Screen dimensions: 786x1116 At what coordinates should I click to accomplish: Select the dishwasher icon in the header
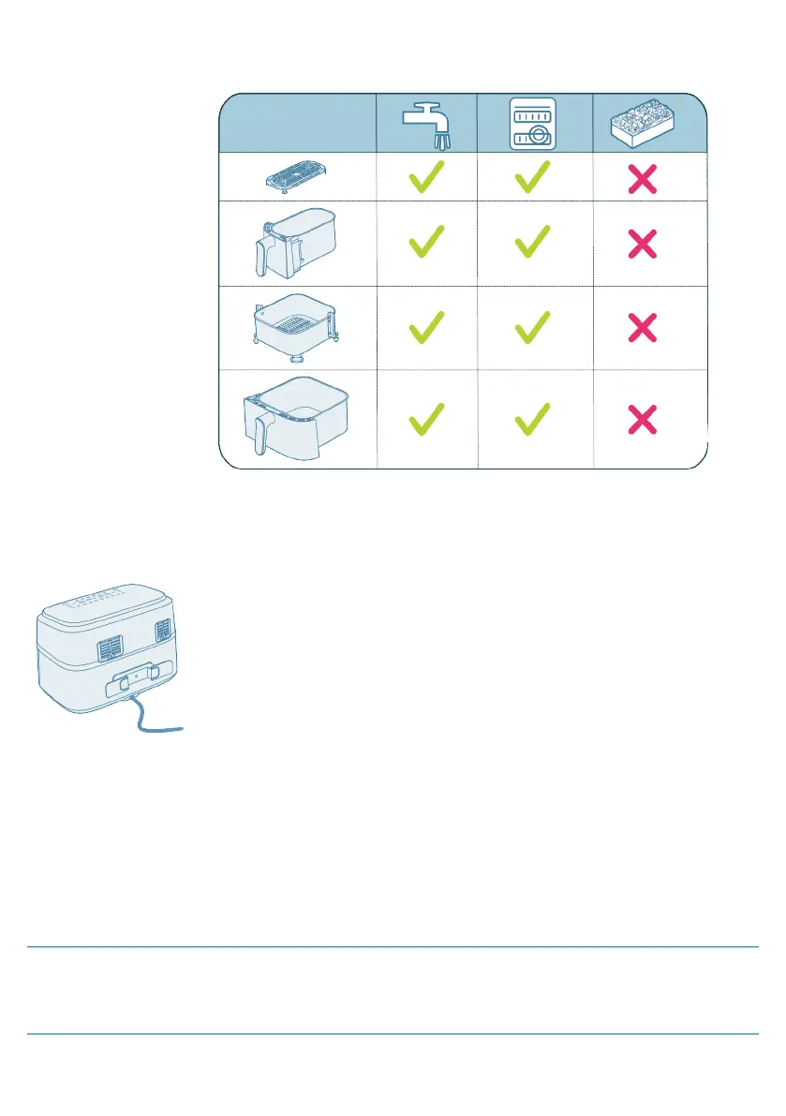(532, 123)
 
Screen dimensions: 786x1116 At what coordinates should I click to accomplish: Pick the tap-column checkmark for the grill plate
(427, 175)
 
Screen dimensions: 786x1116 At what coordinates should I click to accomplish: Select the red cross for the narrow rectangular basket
(642, 246)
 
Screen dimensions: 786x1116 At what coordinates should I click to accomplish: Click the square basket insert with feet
(298, 327)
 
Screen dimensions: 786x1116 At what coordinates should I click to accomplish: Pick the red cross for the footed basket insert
(642, 328)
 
